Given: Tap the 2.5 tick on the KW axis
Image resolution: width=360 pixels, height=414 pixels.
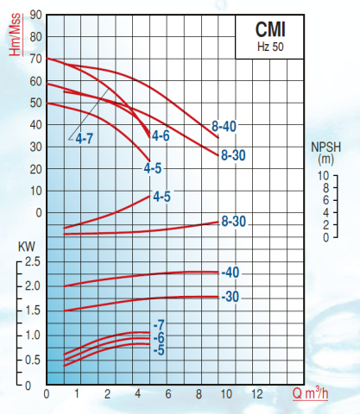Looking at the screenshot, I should pyautogui.click(x=31, y=261).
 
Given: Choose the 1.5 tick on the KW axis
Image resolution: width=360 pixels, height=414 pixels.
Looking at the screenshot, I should pyautogui.click(x=31, y=310).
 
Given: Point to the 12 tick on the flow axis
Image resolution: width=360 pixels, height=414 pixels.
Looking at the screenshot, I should pyautogui.click(x=256, y=394).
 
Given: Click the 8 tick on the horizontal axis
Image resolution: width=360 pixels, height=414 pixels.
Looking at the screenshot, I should pyautogui.click(x=199, y=394).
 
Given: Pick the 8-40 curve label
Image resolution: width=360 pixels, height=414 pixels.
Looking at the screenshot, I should pyautogui.click(x=223, y=127).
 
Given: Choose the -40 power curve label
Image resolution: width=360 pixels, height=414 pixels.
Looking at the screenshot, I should pyautogui.click(x=230, y=273).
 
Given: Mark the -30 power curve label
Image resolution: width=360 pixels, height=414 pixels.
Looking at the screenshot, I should pyautogui.click(x=230, y=297).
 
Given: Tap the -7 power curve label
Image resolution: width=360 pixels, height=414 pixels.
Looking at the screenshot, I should pyautogui.click(x=158, y=324).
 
